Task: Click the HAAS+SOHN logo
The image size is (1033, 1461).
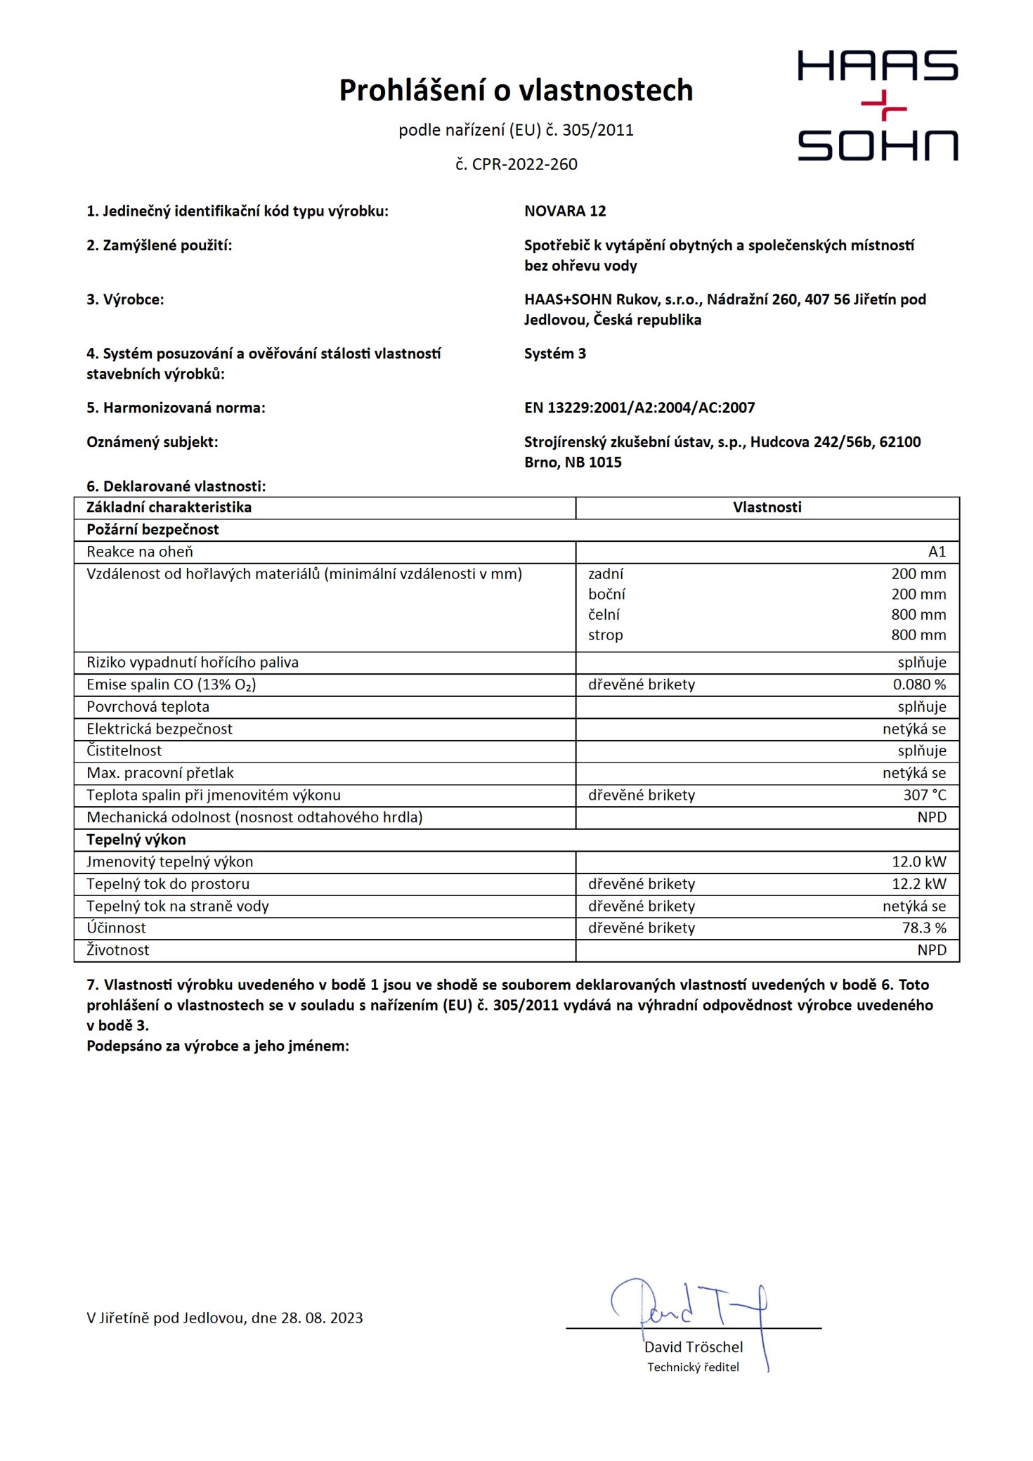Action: [x=877, y=105]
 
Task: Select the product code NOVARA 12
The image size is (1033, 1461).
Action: [x=565, y=211]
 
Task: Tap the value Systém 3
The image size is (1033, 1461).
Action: [x=554, y=353]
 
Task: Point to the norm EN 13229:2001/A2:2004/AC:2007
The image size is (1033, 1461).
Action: [x=639, y=408]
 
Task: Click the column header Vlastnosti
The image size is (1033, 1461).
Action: [x=767, y=507]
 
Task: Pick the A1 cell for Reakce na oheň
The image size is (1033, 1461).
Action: [x=937, y=552]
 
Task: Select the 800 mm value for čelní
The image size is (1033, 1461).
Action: [x=918, y=615]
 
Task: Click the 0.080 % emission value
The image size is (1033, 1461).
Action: [x=919, y=684]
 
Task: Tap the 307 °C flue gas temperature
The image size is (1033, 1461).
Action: [x=924, y=795]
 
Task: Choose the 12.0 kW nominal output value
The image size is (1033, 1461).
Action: [x=919, y=862]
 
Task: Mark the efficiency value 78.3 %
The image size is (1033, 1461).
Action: [x=924, y=928]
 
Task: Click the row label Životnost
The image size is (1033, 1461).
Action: [x=118, y=950]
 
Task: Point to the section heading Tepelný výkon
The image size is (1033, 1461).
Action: [x=136, y=840]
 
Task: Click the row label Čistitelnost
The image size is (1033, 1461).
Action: [x=124, y=751]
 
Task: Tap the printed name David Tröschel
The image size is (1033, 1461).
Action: [x=694, y=1347]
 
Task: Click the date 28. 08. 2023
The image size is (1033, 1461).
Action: [x=322, y=1318]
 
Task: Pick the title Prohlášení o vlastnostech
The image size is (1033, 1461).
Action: [x=516, y=91]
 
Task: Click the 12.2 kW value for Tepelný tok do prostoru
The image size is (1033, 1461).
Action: [x=919, y=884]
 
